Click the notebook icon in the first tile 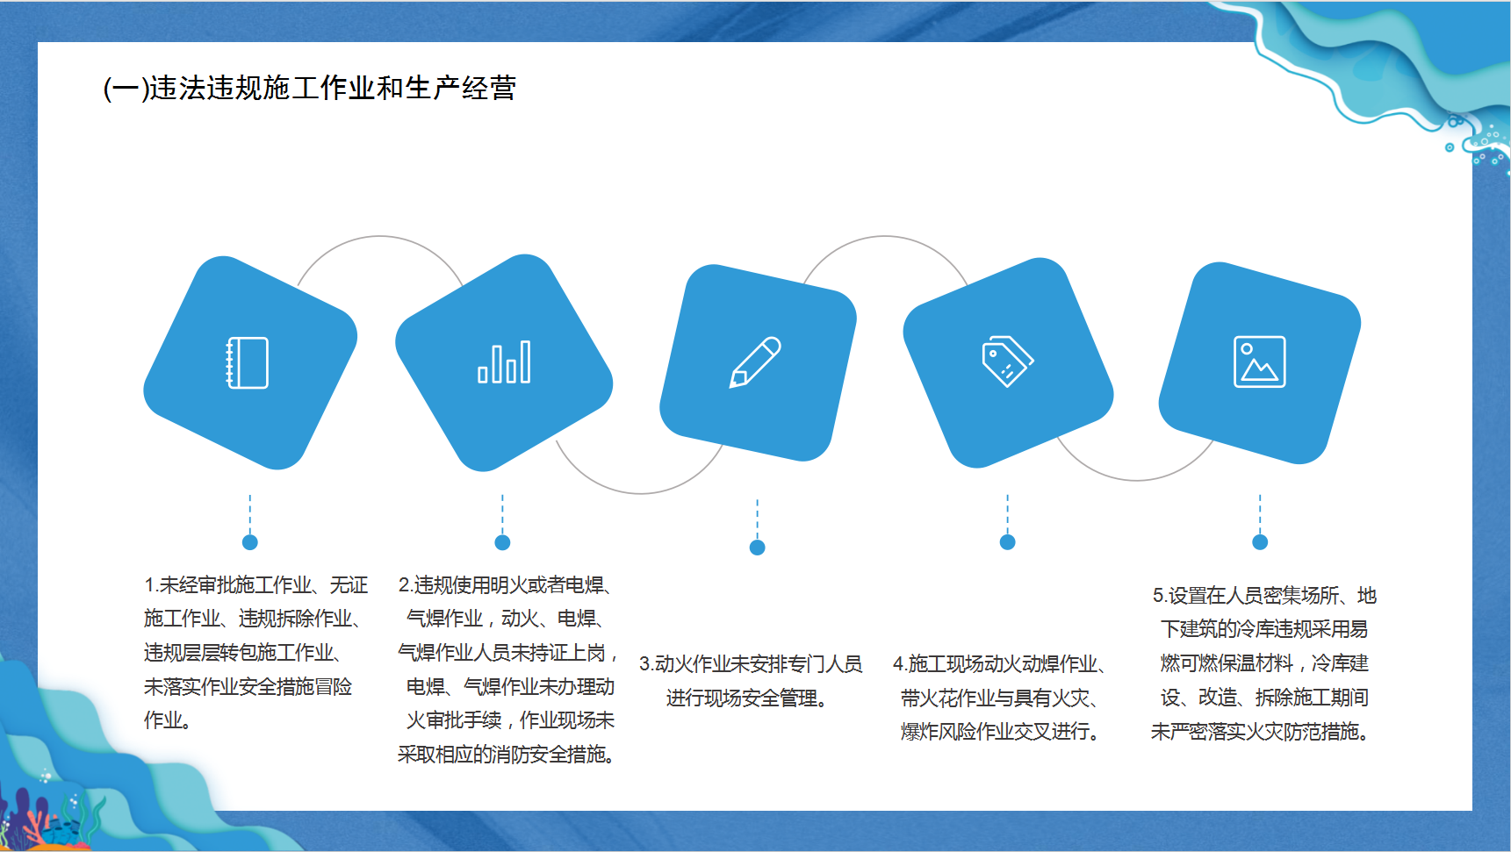pyautogui.click(x=248, y=362)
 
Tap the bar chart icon pyautogui.click(x=504, y=362)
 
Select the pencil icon pyautogui.click(x=755, y=362)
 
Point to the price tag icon pyautogui.click(x=1007, y=362)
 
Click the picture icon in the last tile pyautogui.click(x=1260, y=362)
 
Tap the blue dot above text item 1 pyautogui.click(x=250, y=542)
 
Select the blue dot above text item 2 pyautogui.click(x=502, y=542)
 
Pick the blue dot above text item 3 pyautogui.click(x=758, y=548)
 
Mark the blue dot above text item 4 pyautogui.click(x=1008, y=542)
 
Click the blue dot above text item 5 pyautogui.click(x=1260, y=542)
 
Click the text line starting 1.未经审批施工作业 pyautogui.click(x=256, y=585)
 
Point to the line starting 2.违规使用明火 pyautogui.click(x=505, y=585)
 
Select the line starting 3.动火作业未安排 pyautogui.click(x=751, y=664)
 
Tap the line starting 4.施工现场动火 pyautogui.click(x=1000, y=664)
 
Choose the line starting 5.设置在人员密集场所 pyautogui.click(x=1264, y=596)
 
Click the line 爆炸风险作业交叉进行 pyautogui.click(x=1000, y=732)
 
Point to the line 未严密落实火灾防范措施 pyautogui.click(x=1260, y=732)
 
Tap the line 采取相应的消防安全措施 pyautogui.click(x=507, y=755)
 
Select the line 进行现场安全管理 pyautogui.click(x=747, y=698)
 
